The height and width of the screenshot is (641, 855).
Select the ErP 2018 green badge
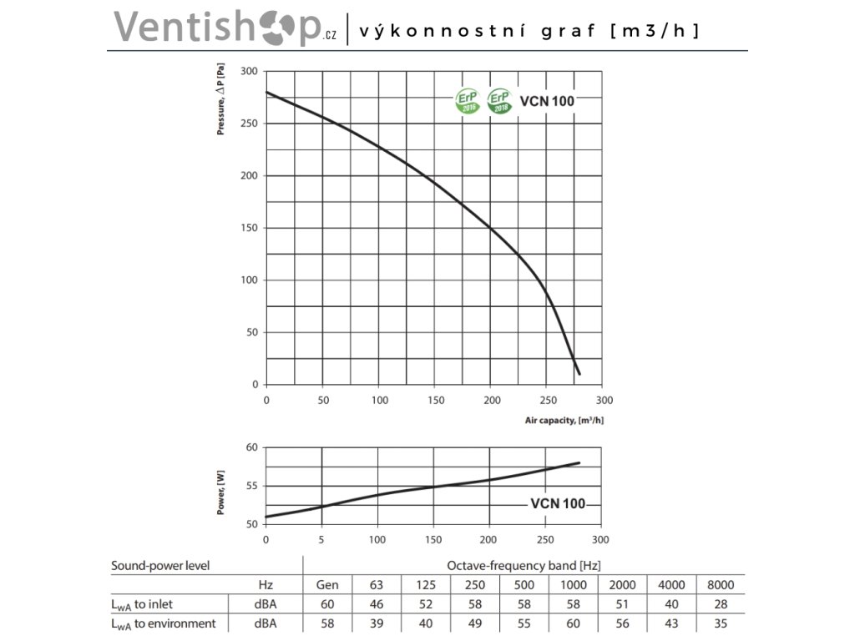pyautogui.click(x=500, y=101)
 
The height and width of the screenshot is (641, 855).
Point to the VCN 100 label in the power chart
pyautogui.click(x=558, y=504)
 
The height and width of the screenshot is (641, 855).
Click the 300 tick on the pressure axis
pyautogui.click(x=249, y=72)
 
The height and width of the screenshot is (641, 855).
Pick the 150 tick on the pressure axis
pyautogui.click(x=249, y=228)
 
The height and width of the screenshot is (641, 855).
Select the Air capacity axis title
pyautogui.click(x=564, y=420)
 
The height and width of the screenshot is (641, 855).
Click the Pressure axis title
pyautogui.click(x=221, y=103)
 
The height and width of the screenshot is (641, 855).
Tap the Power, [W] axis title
pyautogui.click(x=221, y=492)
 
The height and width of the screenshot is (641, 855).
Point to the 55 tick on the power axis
pyautogui.click(x=251, y=486)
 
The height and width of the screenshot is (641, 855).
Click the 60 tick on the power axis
pyautogui.click(x=251, y=447)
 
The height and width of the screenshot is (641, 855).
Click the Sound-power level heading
pyautogui.click(x=160, y=565)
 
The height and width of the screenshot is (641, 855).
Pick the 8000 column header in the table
pyautogui.click(x=719, y=585)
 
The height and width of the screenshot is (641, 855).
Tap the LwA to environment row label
pyautogui.click(x=164, y=623)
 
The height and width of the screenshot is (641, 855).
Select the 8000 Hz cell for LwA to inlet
pyautogui.click(x=719, y=604)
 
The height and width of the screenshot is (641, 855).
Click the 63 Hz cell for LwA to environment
pyautogui.click(x=377, y=623)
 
